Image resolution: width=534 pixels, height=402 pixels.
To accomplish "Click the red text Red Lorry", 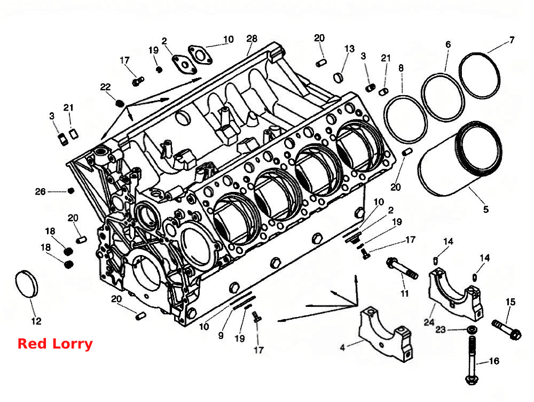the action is point(55,344).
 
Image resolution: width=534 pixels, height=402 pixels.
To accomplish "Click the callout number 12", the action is point(36,321).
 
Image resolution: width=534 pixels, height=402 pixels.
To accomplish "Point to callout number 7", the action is point(512,40).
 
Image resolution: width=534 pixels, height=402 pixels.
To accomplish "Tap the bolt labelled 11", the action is point(402,268).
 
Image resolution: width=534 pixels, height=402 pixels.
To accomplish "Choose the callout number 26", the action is point(40,191).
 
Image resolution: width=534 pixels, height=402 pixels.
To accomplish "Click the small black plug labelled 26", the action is point(71,191).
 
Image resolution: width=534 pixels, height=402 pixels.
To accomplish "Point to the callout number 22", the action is point(105,87).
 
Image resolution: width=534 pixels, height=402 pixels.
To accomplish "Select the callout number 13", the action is point(349,49).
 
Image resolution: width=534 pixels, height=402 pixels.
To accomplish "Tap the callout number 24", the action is point(429,322).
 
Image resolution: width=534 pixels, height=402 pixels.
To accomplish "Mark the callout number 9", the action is point(221,336).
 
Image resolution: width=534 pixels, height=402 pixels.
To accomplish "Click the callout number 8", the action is point(401,68).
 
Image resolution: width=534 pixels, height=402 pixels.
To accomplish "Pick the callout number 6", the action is point(448,44).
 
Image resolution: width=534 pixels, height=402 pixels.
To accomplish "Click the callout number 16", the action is point(494,361).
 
